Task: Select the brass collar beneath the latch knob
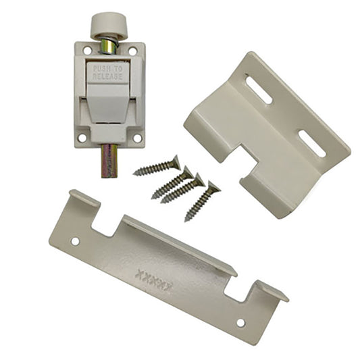107,47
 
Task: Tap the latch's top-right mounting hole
132,51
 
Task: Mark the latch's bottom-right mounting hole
137,138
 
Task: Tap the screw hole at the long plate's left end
75,240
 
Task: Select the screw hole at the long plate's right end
240,322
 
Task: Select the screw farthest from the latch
202,201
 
